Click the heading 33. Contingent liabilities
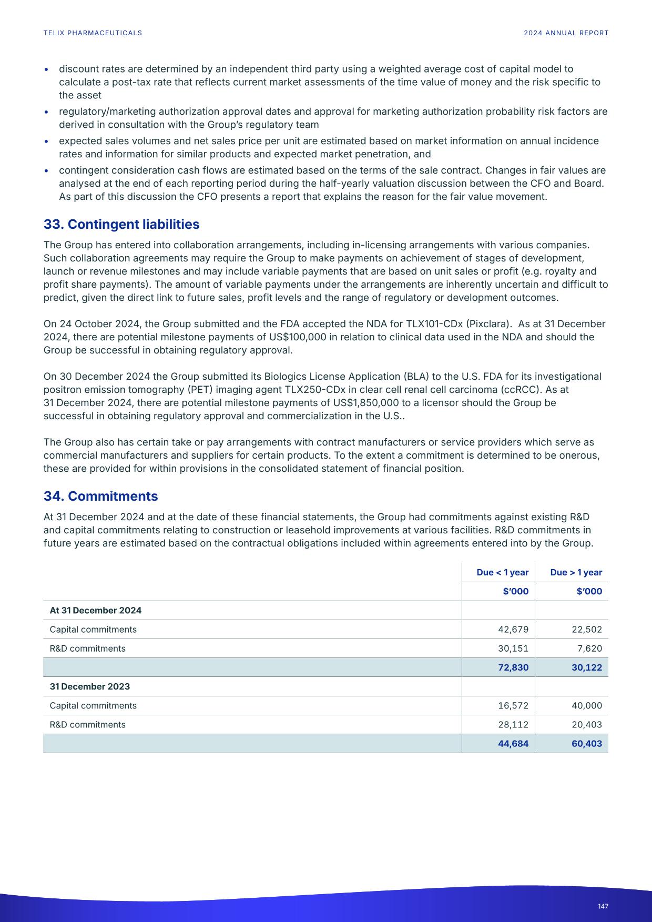coord(121,224)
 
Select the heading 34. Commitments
coord(100,496)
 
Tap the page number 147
coord(603,906)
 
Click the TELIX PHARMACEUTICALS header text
coord(93,33)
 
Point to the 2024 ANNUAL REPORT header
coord(566,33)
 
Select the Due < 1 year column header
coord(502,572)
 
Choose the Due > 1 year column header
coord(576,572)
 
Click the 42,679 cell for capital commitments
coord(513,630)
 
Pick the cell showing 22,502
coord(586,630)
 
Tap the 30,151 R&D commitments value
coord(513,649)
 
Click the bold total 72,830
coord(513,667)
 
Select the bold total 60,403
coord(586,744)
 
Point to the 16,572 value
coord(513,706)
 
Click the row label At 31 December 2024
coord(95,611)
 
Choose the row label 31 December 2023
coord(89,686)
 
